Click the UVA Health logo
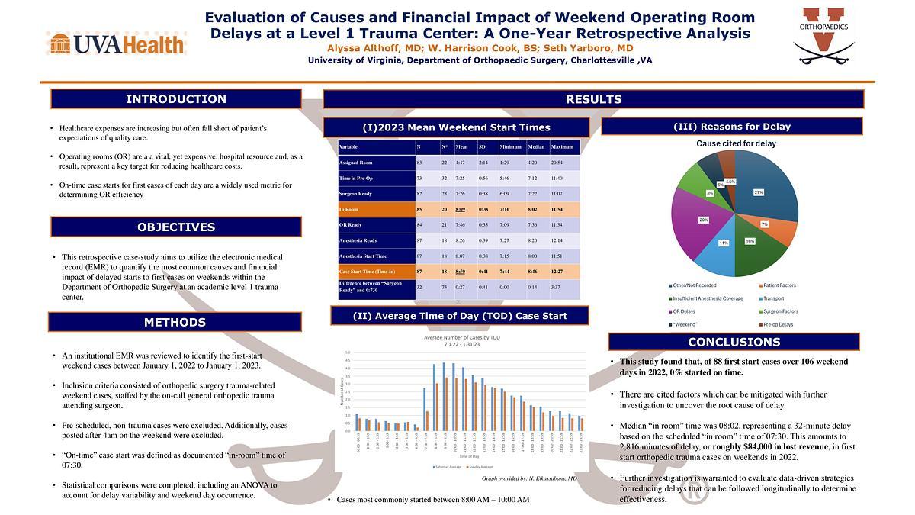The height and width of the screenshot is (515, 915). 116,43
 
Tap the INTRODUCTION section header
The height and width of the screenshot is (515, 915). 176,99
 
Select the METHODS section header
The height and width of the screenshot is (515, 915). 175,322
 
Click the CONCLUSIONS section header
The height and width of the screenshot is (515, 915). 734,342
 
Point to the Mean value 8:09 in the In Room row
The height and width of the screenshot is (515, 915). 461,208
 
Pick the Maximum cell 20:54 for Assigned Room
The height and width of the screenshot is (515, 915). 562,162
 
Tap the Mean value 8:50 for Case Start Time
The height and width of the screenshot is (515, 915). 461,272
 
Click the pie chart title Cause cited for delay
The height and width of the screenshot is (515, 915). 736,143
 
